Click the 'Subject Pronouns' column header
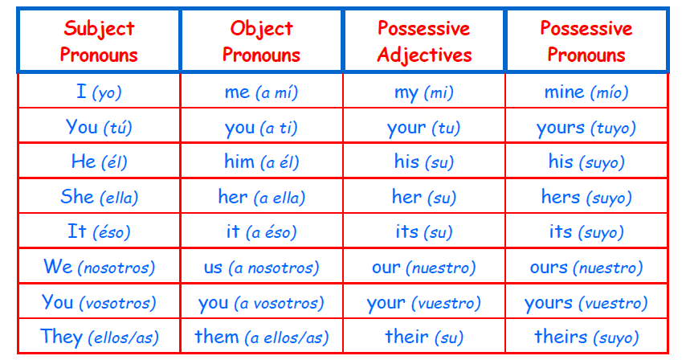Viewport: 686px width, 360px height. click(x=99, y=41)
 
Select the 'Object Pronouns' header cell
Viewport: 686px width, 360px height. click(x=261, y=41)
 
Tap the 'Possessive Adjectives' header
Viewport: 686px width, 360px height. click(x=424, y=41)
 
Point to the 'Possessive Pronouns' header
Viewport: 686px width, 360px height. click(x=586, y=41)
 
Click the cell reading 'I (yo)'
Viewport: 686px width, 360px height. click(x=99, y=91)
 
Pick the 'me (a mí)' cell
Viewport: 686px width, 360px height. click(x=261, y=91)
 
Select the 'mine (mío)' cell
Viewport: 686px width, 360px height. click(x=586, y=91)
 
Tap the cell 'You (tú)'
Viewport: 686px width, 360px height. click(x=99, y=126)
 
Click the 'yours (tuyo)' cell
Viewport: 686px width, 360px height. click(x=586, y=126)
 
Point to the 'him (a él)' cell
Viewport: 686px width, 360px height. click(x=261, y=161)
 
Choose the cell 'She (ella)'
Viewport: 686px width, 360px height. click(x=99, y=196)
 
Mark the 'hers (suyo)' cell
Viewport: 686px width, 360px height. click(x=586, y=196)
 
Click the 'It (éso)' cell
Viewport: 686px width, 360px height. click(x=99, y=231)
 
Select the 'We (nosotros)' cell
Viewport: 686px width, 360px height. click(x=99, y=267)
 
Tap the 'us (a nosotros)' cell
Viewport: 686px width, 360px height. click(x=261, y=267)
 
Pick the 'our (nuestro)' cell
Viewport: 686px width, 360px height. click(x=424, y=267)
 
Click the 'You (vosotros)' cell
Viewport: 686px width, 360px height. click(x=99, y=301)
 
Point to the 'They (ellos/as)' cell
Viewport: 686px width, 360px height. click(x=99, y=337)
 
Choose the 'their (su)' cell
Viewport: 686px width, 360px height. click(x=424, y=337)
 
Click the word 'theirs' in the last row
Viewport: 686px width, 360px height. click(x=561, y=337)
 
